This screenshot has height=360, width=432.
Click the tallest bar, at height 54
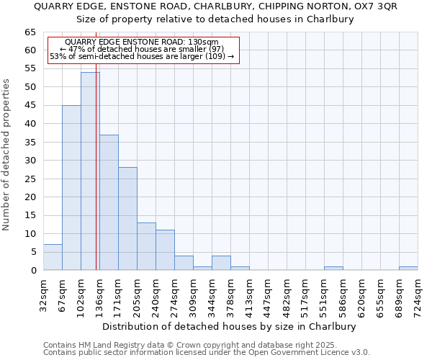pyautogui.click(x=90, y=171)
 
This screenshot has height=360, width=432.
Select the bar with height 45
pyautogui.click(x=71, y=188)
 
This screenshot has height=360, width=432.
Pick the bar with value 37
pyautogui.click(x=109, y=202)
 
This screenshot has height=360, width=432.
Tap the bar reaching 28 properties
pyautogui.click(x=127, y=219)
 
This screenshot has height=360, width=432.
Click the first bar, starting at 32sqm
pyautogui.click(x=53, y=258)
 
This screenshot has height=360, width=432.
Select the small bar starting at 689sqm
pyautogui.click(x=408, y=269)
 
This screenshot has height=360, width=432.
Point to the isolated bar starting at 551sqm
pyautogui.click(x=333, y=269)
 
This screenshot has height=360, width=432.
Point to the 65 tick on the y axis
pyautogui.click(x=30, y=32)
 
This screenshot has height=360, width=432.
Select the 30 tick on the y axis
pyautogui.click(x=30, y=161)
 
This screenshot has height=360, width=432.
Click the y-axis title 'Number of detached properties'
pyautogui.click(x=6, y=155)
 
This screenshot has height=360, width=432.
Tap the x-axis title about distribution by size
pyautogui.click(x=229, y=326)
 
